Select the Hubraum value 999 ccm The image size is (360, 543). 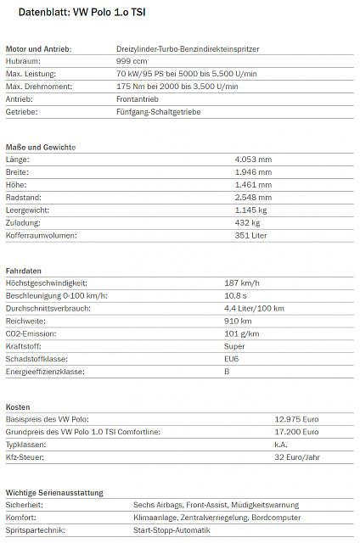pyautogui.click(x=131, y=62)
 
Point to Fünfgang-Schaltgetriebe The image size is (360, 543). pyautogui.click(x=159, y=112)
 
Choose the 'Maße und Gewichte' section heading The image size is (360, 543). pyautogui.click(x=41, y=148)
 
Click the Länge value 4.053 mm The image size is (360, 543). pyautogui.click(x=253, y=160)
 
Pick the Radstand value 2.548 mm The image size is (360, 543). pyautogui.click(x=253, y=197)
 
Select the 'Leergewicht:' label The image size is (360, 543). pyautogui.click(x=28, y=210)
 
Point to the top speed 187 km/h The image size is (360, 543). pyautogui.click(x=242, y=283)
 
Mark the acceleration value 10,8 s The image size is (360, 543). pyautogui.click(x=237, y=295)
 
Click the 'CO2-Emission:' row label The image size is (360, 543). pyautogui.click(x=31, y=333)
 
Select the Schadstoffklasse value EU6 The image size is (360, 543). pyautogui.click(x=232, y=359)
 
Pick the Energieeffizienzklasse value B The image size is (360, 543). pyautogui.click(x=227, y=372)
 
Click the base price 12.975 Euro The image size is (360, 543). pyautogui.click(x=296, y=420)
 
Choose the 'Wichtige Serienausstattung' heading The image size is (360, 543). pyautogui.click(x=54, y=493)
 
